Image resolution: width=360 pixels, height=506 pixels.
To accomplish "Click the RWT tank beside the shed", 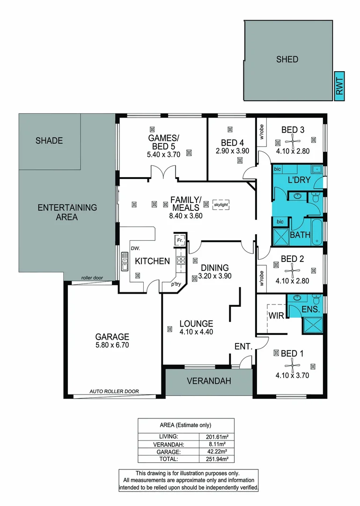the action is pos(340,86).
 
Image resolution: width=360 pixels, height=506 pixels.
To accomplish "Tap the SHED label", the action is pos(287,60).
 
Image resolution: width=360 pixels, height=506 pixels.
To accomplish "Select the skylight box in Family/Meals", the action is pos(221,205).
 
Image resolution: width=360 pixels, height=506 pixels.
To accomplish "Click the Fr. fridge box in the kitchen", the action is pos(180,240).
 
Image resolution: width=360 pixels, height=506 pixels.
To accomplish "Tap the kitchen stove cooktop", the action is pos(181,260).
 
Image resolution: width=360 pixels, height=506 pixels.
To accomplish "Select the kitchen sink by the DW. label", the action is pos(125,261).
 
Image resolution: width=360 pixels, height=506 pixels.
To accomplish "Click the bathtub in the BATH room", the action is pos(317,232).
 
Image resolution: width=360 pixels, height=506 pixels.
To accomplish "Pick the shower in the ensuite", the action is pos(312,325).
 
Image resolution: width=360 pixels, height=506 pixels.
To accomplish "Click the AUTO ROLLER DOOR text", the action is pos(114,391).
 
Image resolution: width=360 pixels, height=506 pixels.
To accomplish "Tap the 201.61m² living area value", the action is pos(217,437).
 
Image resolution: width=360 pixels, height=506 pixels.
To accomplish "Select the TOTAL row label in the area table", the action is pos(169,459).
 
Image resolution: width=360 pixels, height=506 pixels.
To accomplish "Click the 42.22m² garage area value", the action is pos(217,452).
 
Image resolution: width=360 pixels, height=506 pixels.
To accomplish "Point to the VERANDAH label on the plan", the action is pos(209,381).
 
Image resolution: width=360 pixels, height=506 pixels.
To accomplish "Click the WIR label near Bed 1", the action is pos(277,316).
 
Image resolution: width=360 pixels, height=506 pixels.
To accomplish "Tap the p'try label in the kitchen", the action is pos(176,284).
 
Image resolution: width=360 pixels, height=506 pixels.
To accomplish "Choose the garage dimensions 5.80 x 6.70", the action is pos(112,345).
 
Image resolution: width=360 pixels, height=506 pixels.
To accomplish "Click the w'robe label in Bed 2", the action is pos(261,278).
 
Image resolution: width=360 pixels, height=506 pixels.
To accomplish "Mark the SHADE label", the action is pos(49,141).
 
